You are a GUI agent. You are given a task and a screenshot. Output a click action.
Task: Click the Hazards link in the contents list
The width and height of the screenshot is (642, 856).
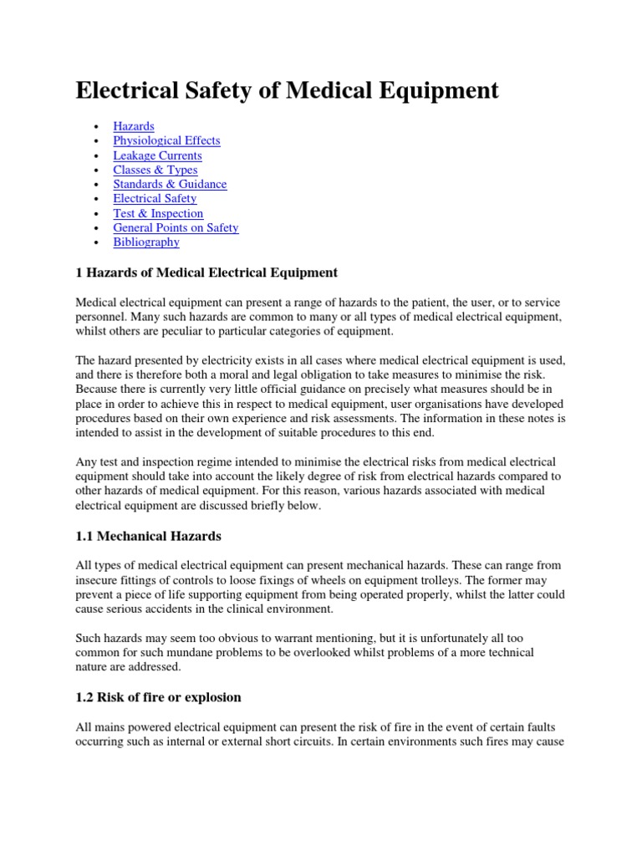(x=134, y=126)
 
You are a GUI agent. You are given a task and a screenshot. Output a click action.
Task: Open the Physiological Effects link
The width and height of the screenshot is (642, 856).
(x=166, y=140)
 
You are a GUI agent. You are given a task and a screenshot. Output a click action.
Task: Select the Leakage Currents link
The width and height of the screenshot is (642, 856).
(x=157, y=155)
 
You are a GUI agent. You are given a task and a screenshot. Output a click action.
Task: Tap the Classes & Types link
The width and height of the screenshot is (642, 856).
(x=155, y=170)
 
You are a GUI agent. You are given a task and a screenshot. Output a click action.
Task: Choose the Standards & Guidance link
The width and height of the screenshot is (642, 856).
(x=170, y=184)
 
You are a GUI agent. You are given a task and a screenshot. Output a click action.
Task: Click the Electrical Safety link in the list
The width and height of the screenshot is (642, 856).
(x=155, y=198)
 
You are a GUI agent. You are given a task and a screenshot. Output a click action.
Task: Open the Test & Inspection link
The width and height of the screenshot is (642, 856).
(x=158, y=213)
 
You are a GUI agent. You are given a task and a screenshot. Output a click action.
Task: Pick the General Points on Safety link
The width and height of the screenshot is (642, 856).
(x=176, y=227)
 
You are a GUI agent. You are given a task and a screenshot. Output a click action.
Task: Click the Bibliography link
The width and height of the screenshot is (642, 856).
(x=146, y=242)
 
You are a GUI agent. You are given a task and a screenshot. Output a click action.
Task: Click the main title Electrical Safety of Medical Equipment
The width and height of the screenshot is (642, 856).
(x=287, y=90)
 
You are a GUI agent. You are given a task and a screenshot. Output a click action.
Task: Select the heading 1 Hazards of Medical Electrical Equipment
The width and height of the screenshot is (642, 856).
(x=206, y=273)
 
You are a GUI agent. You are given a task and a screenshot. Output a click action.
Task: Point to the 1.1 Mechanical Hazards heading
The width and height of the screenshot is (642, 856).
(x=148, y=535)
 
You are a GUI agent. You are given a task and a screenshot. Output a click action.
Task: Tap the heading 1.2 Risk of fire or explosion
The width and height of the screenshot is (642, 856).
(x=158, y=697)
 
